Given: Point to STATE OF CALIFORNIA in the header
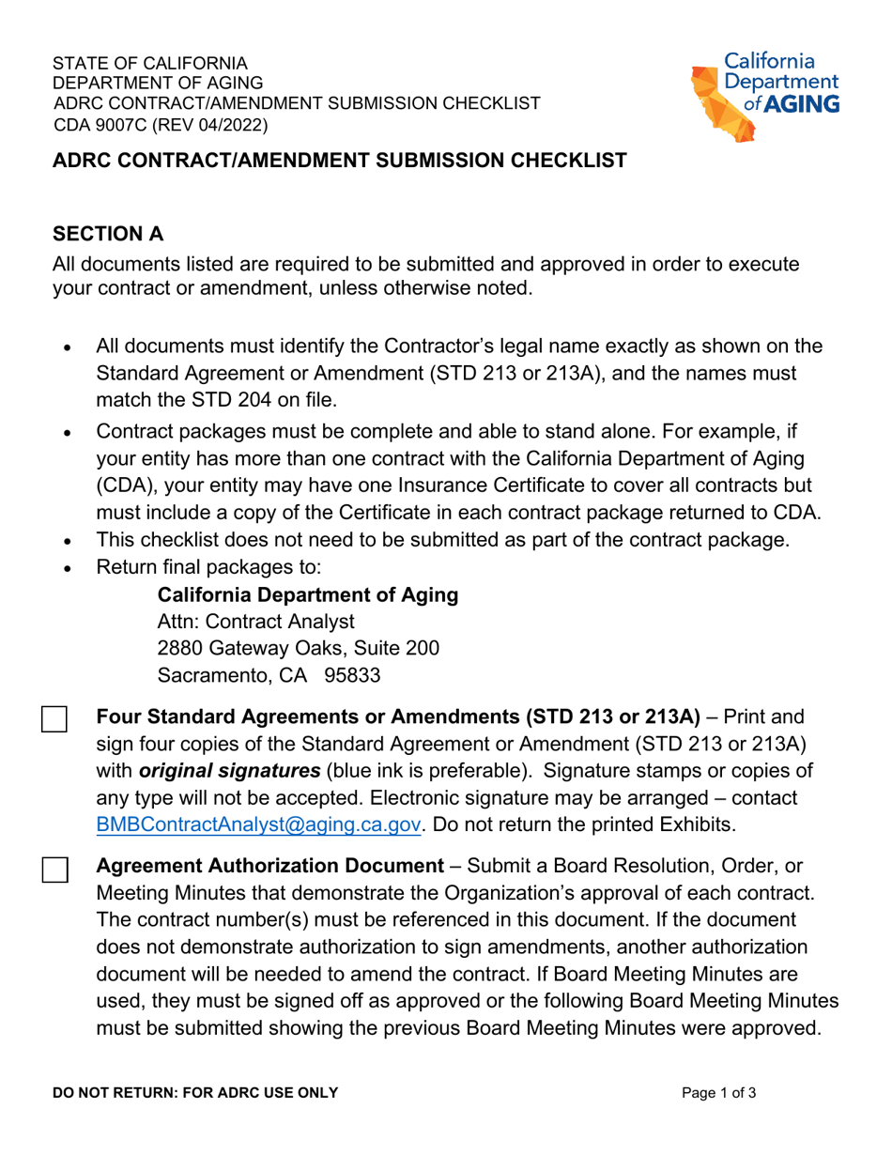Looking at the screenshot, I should pyautogui.click(x=150, y=64).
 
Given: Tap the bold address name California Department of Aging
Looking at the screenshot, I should pyautogui.click(x=308, y=595).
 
